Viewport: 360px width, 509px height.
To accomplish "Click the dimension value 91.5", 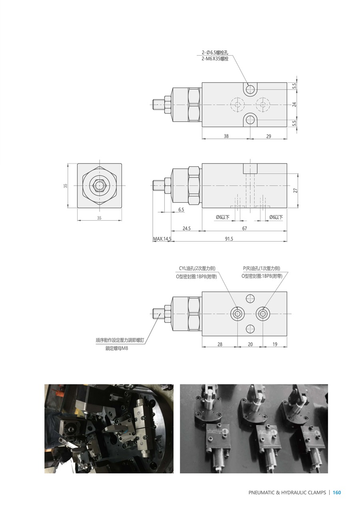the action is pyautogui.click(x=229, y=239).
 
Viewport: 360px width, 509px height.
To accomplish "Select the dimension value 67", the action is pyautogui.click(x=244, y=228).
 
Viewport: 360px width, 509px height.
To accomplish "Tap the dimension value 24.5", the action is pyautogui.click(x=186, y=228).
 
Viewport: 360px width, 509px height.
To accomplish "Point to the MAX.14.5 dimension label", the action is pyautogui.click(x=162, y=239).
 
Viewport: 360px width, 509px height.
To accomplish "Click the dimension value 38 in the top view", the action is pyautogui.click(x=226, y=136).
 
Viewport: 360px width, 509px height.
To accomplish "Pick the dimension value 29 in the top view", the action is pyautogui.click(x=269, y=136).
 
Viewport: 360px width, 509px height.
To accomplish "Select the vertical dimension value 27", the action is pyautogui.click(x=295, y=190).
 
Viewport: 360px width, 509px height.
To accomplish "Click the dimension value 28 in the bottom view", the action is pyautogui.click(x=220, y=344).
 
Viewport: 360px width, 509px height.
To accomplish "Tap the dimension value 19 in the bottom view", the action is pyautogui.click(x=275, y=344).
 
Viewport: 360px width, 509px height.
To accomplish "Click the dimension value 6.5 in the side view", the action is pyautogui.click(x=181, y=210).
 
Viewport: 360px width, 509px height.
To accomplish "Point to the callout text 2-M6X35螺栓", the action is pyautogui.click(x=215, y=59).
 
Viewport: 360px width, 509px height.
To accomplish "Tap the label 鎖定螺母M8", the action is pyautogui.click(x=116, y=348).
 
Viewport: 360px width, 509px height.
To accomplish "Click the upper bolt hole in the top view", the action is pyautogui.click(x=250, y=88).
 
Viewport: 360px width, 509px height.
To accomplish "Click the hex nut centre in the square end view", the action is pyautogui.click(x=99, y=186).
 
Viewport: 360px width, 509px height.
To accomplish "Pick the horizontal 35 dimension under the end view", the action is pyautogui.click(x=99, y=218).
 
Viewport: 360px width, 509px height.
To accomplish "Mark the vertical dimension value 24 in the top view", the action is pyautogui.click(x=294, y=104).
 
